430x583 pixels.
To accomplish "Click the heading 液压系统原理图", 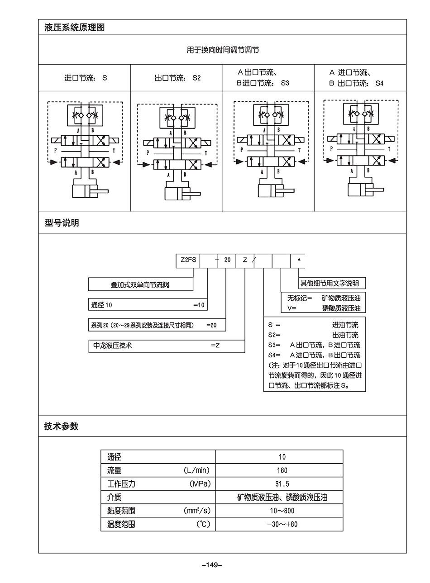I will click(x=75, y=28).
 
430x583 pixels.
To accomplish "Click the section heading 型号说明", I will click(x=62, y=223).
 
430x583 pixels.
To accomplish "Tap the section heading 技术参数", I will click(x=62, y=426).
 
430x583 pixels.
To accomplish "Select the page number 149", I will click(x=212, y=564).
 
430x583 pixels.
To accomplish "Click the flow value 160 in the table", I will click(x=282, y=470).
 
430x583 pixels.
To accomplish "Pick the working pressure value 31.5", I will click(x=282, y=484).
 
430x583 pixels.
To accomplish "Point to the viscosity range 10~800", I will click(x=282, y=511).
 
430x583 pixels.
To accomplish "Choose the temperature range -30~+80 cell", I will click(x=282, y=525).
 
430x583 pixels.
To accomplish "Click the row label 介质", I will click(x=115, y=498).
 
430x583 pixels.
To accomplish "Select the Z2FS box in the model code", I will click(x=188, y=260).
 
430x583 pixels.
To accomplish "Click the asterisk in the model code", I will click(x=298, y=261).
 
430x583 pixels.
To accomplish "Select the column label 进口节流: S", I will click(x=86, y=78).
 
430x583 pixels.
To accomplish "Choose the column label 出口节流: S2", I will click(x=177, y=78).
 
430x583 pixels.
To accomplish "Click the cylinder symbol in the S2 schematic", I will click(x=179, y=194).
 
